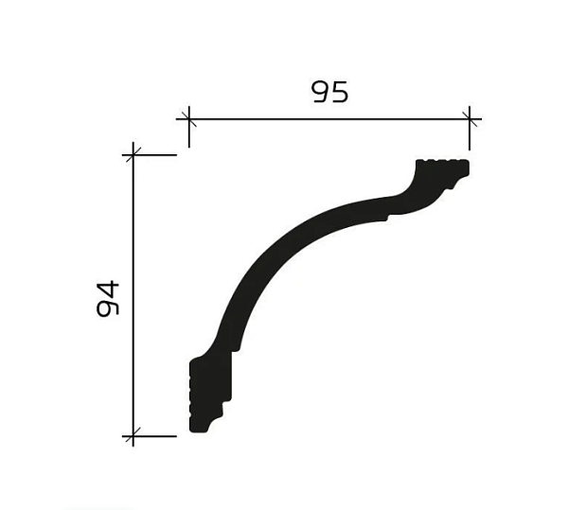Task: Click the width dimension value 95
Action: [x=329, y=92]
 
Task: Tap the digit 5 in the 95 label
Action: [x=340, y=92]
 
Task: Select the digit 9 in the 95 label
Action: [x=320, y=92]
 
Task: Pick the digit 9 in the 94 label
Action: [x=108, y=308]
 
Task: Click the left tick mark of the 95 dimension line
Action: [x=188, y=119]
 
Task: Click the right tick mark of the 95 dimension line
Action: [x=470, y=119]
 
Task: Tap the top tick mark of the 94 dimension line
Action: [x=133, y=154]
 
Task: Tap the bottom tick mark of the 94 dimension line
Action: [x=133, y=436]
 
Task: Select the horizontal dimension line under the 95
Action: [x=328, y=119]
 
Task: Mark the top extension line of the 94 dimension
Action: [x=155, y=154]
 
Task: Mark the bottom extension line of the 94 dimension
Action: [x=155, y=436]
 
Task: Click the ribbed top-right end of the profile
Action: [x=445, y=168]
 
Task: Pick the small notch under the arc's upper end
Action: [x=386, y=220]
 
